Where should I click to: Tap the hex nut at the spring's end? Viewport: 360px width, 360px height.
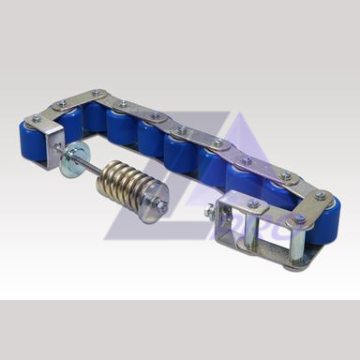161,205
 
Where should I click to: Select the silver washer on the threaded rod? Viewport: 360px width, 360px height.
69,163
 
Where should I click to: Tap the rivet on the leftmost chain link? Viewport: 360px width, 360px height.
37,118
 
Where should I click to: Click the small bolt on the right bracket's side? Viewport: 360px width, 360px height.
208,213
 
